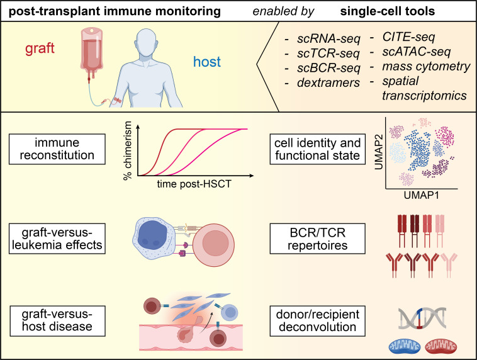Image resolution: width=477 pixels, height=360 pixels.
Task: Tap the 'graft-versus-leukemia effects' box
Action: (x=54, y=232)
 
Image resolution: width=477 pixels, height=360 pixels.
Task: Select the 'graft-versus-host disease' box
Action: (x=54, y=319)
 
